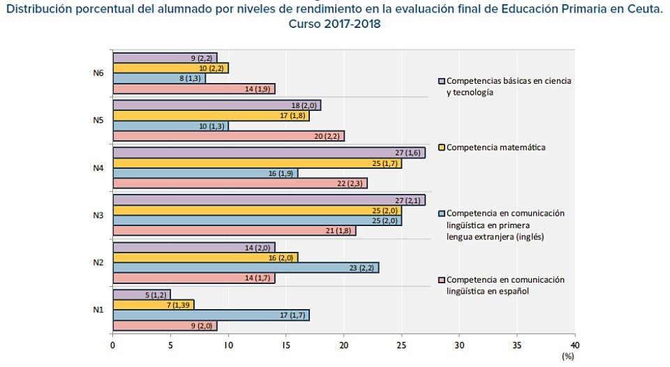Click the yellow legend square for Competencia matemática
442,147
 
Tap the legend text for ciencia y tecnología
509,86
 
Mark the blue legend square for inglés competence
442,214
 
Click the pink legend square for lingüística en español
442,280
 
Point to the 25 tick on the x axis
401,344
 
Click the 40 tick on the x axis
574,344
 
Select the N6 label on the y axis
98,73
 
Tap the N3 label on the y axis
98,215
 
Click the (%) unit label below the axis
568,356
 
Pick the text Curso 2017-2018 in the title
335,24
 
